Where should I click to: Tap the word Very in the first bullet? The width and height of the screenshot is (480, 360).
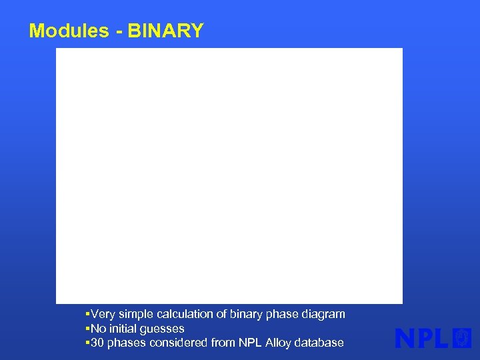point(103,314)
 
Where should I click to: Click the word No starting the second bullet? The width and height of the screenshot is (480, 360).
point(98,329)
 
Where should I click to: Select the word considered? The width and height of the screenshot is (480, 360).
point(177,343)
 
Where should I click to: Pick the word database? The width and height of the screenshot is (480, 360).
point(320,343)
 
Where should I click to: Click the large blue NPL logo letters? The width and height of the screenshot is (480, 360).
point(423,339)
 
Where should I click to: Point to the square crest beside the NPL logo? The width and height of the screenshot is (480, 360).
point(462,339)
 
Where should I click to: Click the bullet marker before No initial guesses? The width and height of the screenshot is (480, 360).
point(88,329)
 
